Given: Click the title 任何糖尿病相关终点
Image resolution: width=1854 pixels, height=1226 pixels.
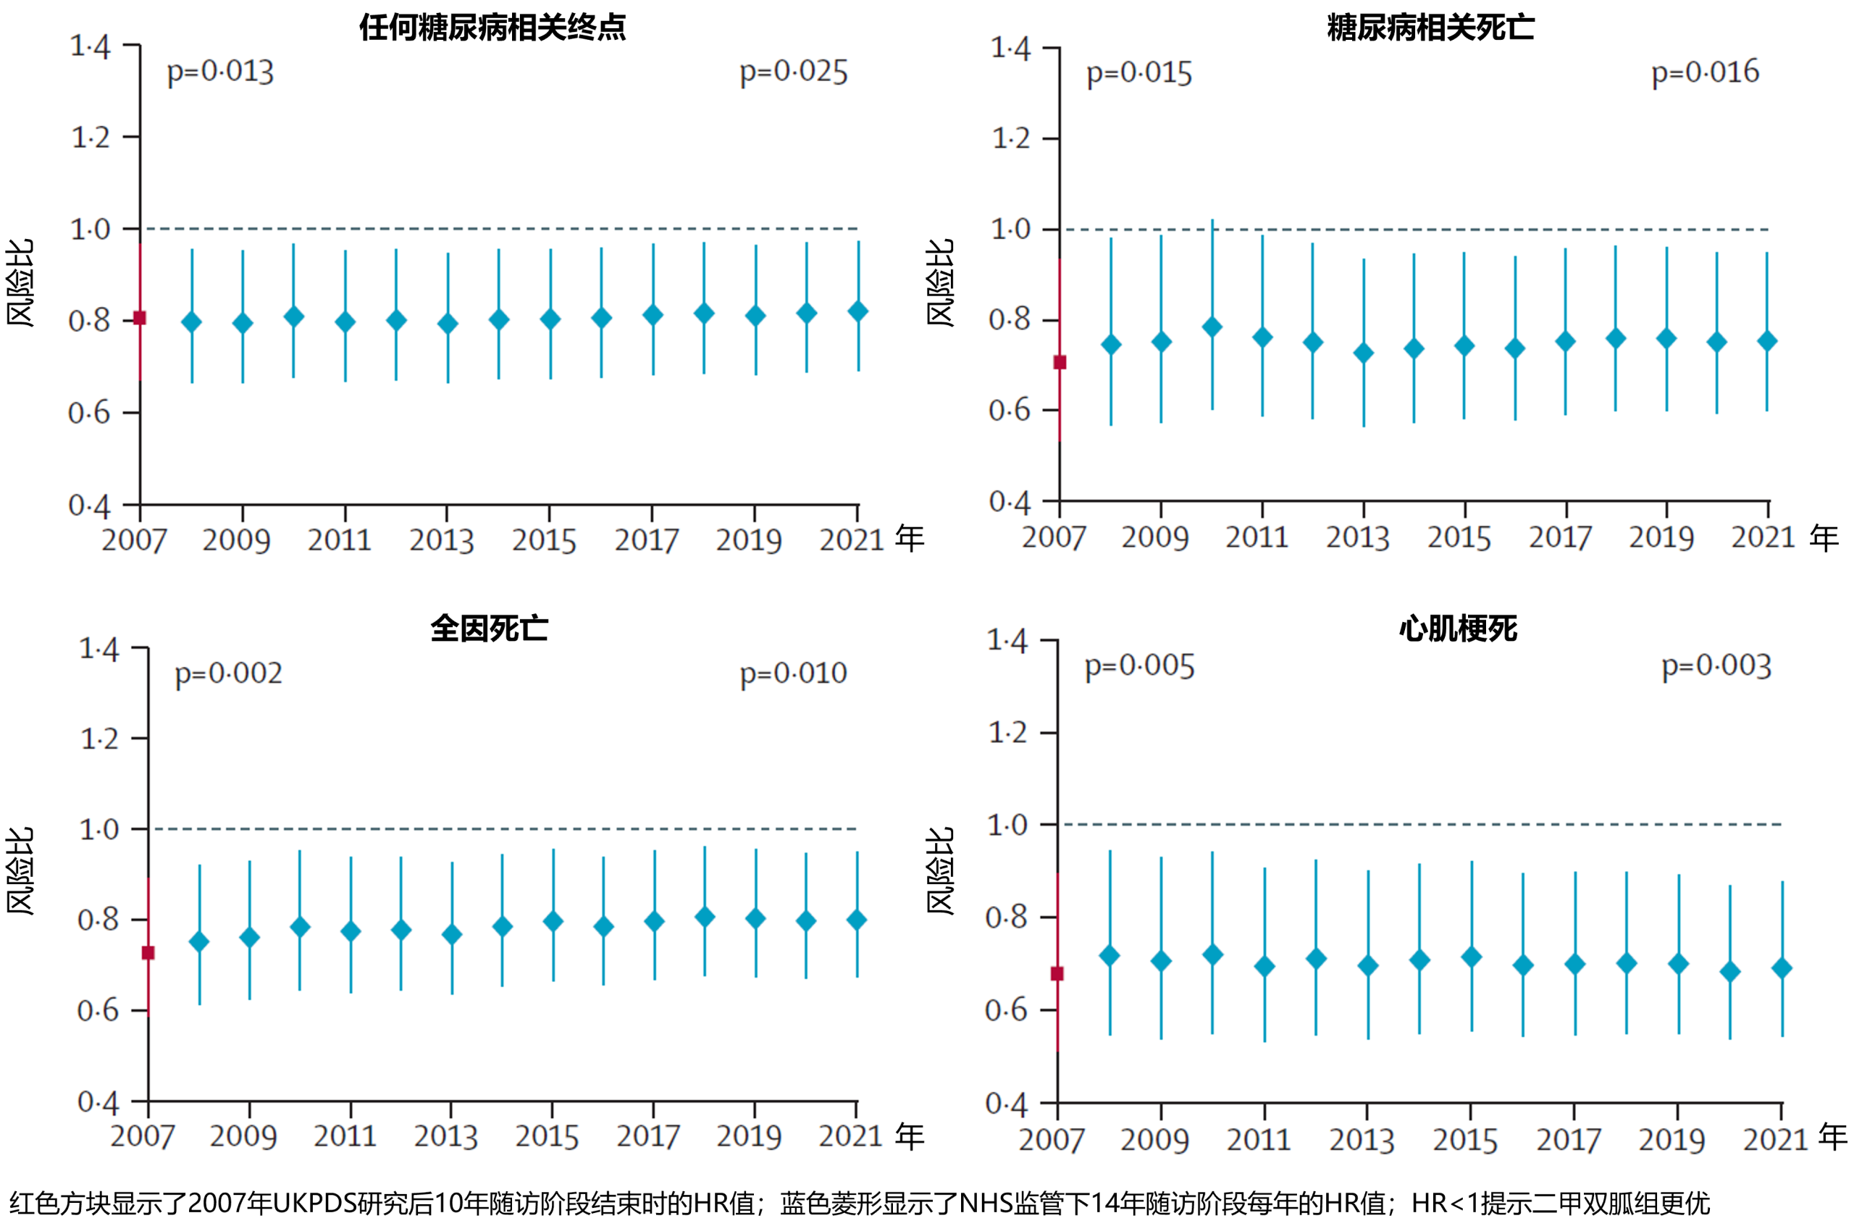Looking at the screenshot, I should pos(492,28).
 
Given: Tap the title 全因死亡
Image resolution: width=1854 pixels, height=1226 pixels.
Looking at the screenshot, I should pos(490,629).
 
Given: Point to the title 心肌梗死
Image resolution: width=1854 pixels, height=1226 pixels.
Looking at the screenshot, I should pos(1458,629).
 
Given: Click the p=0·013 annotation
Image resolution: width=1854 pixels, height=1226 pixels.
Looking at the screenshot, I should pos(219,72).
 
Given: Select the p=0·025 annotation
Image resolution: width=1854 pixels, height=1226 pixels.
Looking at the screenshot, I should pos(793,72).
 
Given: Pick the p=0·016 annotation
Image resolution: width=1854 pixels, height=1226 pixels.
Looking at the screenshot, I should pos(1705,72).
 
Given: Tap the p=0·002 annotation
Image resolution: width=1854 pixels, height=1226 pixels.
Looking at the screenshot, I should pos(227,673).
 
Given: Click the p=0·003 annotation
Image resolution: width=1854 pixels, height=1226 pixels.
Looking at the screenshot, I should pos(1716,666).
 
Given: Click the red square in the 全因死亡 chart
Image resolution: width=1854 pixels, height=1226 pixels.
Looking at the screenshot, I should pos(148,952).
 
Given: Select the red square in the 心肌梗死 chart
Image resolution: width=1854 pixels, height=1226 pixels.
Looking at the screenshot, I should pos(1057,973).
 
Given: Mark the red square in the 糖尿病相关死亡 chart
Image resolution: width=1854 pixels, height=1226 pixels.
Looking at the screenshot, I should pos(1060,362).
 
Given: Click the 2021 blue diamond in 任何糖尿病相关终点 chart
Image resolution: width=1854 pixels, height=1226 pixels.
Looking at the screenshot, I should pos(857,311).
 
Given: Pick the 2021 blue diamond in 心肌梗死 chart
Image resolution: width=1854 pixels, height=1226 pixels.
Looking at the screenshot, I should pos(1782,968).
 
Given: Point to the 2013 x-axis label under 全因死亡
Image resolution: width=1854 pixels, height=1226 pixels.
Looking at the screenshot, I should pos(445,1136).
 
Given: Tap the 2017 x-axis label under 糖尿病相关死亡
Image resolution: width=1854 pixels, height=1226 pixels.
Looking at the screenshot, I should pos(1559,537).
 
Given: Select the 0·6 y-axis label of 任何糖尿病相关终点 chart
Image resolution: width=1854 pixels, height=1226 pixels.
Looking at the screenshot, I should pos(89,413).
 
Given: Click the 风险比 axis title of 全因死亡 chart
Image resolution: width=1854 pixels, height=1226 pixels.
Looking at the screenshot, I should pos(20,870).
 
